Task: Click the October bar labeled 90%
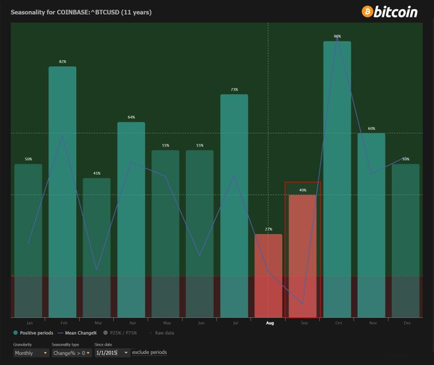click(337, 179)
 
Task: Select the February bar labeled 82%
click(62, 192)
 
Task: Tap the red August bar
click(268, 275)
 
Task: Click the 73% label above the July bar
click(234, 90)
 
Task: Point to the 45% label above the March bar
click(97, 174)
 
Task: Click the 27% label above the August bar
click(268, 229)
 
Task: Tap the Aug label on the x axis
click(269, 323)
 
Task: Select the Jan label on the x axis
click(28, 323)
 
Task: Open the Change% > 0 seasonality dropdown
click(70, 353)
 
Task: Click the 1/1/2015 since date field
click(112, 353)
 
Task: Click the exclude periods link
click(150, 353)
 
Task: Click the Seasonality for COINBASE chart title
click(81, 12)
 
